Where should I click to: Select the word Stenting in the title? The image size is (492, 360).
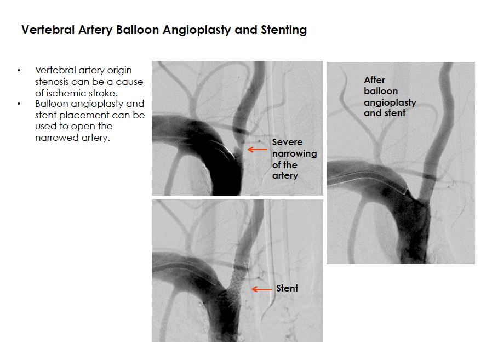tap(284, 30)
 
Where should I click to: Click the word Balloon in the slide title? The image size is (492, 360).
tap(138, 30)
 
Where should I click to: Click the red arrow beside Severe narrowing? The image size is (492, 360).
tap(258, 150)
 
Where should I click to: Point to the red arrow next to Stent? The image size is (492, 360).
tap(261, 289)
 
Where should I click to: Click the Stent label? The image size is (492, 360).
tap(287, 288)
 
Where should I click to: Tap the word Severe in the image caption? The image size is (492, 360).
tap(288, 142)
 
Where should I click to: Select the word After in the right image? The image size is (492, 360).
tap(374, 80)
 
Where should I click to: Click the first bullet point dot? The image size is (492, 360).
tap(19, 70)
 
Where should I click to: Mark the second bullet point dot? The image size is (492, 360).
tap(19, 104)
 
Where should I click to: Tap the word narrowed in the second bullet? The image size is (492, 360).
tap(57, 138)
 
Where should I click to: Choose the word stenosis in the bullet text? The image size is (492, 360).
tap(53, 82)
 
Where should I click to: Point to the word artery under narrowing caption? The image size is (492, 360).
tap(285, 175)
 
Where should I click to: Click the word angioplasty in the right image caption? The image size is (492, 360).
tap(390, 102)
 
